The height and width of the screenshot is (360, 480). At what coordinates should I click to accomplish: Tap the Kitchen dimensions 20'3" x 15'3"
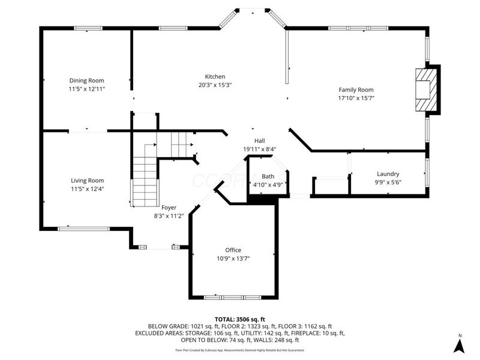(215, 85)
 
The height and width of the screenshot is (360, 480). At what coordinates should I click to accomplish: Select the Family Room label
(356, 89)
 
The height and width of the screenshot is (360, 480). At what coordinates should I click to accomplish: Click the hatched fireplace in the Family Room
(427, 90)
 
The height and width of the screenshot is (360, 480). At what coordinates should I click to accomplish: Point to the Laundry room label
(388, 174)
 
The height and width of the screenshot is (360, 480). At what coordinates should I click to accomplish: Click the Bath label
(268, 176)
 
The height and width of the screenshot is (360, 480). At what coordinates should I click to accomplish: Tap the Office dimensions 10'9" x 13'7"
(233, 259)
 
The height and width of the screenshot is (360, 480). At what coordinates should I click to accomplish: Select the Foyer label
(169, 207)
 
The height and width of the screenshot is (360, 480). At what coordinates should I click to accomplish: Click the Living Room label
(88, 181)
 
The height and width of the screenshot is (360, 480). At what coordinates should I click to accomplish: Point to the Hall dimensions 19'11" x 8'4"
(259, 149)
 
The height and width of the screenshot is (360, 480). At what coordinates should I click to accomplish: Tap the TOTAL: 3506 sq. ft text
(239, 319)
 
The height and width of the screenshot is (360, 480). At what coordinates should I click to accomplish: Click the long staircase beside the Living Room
(145, 177)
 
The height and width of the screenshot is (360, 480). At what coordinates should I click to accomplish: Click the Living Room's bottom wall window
(83, 228)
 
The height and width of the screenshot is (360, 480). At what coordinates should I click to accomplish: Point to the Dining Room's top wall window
(88, 28)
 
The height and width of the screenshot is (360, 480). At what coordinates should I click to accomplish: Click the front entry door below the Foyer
(155, 247)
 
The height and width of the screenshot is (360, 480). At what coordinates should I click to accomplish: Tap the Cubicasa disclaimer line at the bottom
(239, 350)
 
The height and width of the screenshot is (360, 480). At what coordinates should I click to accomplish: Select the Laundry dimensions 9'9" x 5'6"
(388, 183)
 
